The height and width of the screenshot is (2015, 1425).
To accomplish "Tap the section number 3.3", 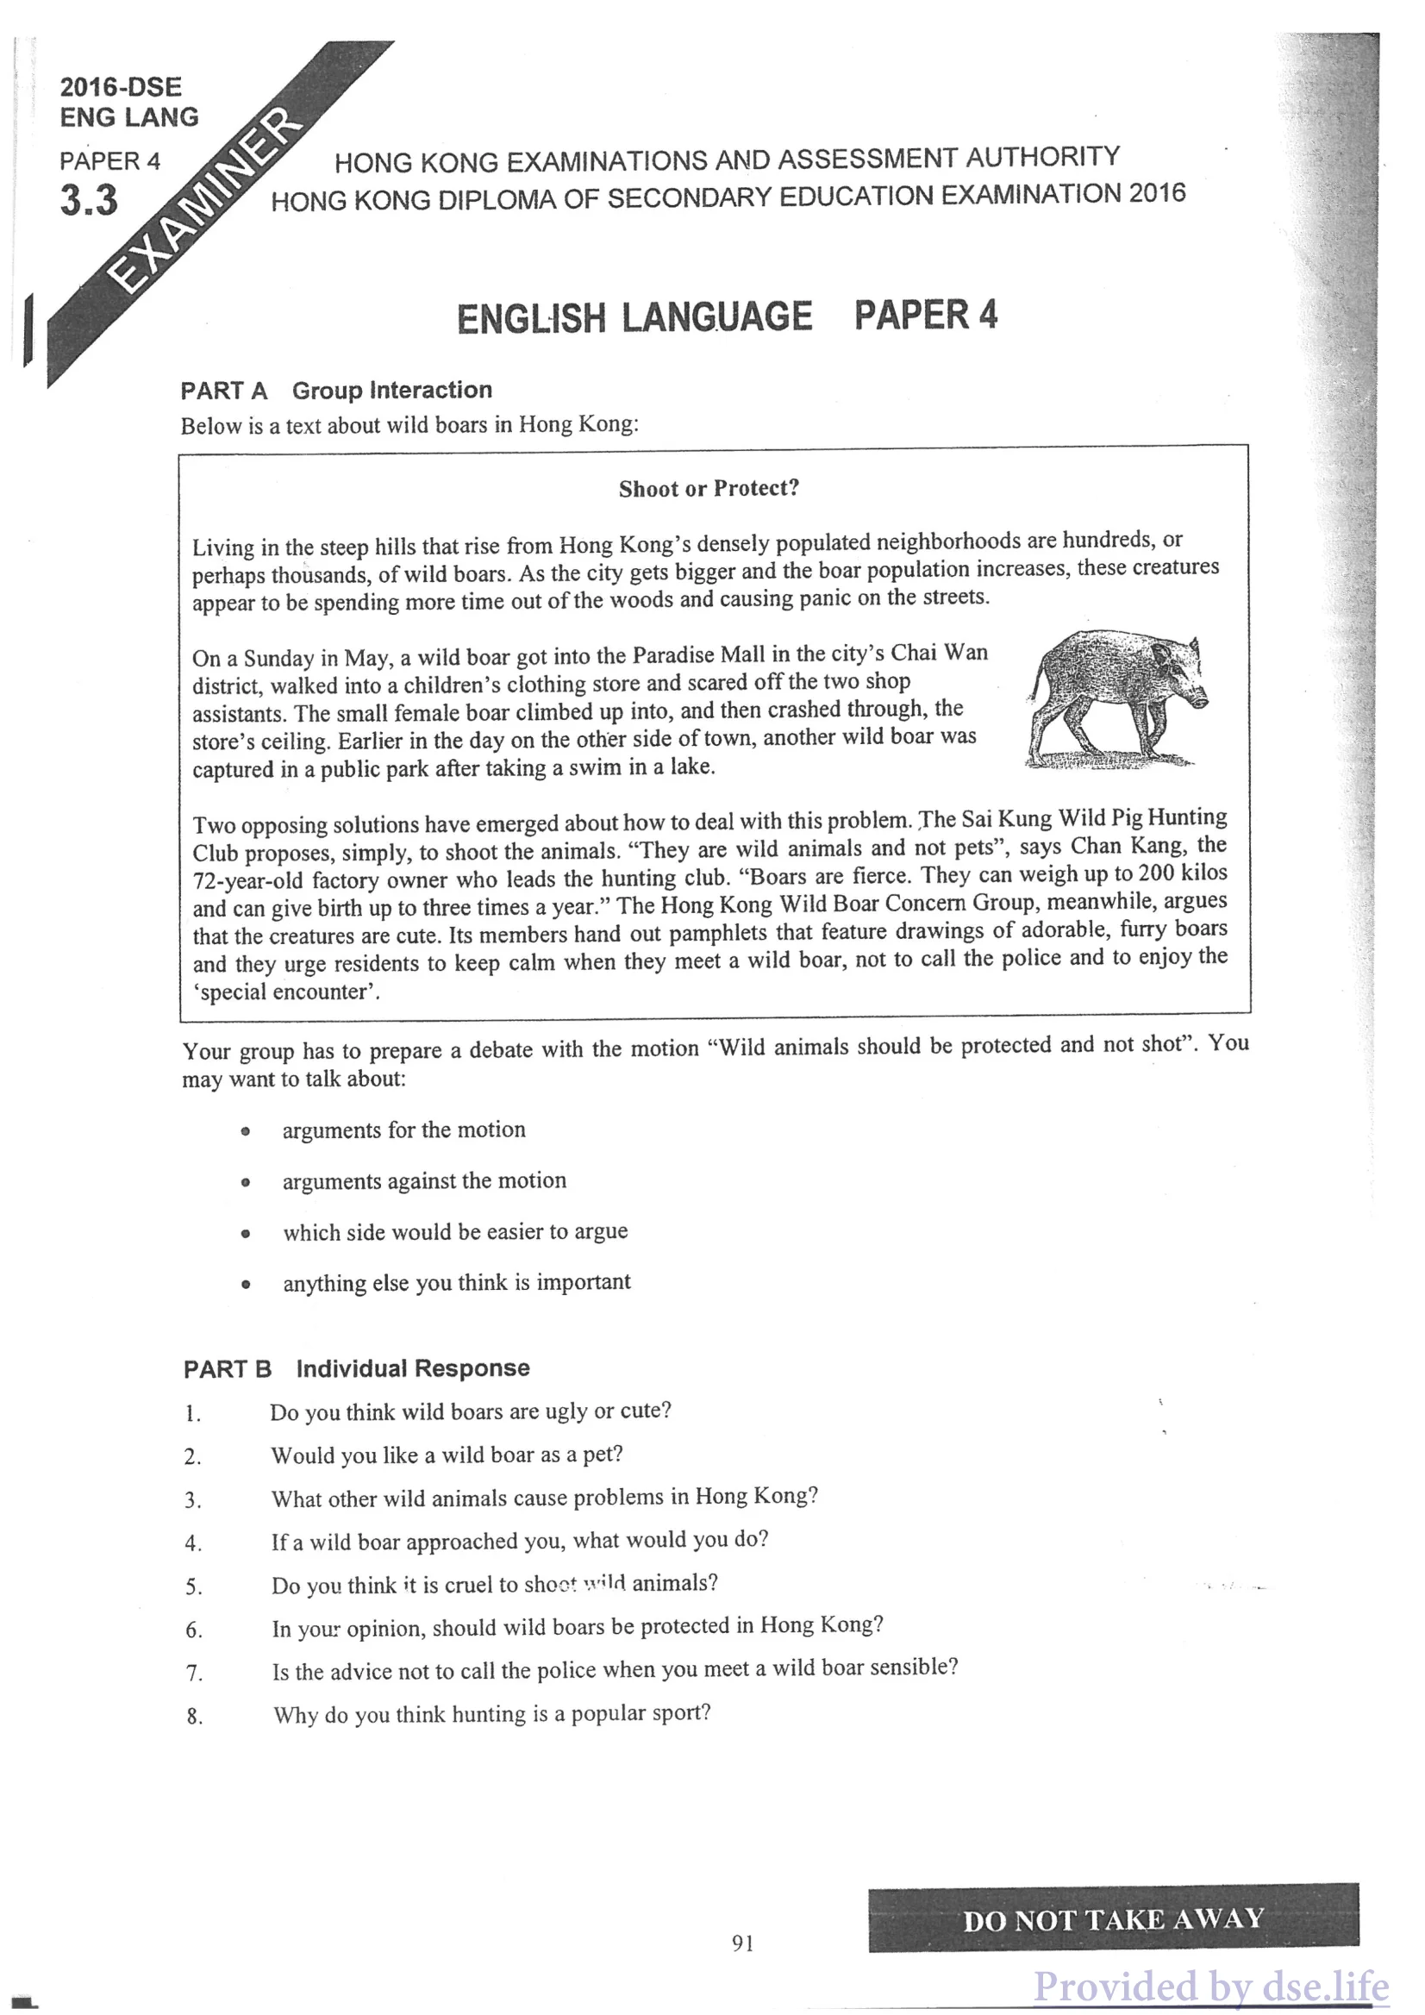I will click(89, 201).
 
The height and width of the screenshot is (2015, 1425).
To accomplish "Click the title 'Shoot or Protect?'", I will click(709, 489).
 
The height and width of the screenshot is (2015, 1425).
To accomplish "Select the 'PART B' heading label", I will click(228, 1369).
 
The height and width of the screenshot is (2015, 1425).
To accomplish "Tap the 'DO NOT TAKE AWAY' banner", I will click(1113, 1920).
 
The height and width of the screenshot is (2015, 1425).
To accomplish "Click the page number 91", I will click(742, 1943).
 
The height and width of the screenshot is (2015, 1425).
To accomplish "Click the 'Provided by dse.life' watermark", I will click(1211, 1986).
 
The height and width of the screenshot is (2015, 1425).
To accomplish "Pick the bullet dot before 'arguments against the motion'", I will click(247, 1183).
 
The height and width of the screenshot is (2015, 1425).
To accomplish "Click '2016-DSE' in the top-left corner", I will click(121, 88).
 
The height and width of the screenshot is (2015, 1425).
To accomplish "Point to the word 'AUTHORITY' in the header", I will click(1042, 157).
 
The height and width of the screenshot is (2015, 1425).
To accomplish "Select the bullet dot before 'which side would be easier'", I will click(247, 1234).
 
